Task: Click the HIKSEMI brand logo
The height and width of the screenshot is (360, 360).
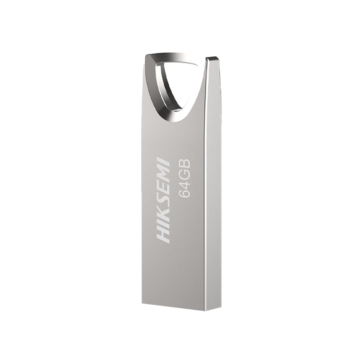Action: [163, 201]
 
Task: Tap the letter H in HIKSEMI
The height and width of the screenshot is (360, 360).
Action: [163, 235]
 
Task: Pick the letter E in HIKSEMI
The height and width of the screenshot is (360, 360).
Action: [163, 192]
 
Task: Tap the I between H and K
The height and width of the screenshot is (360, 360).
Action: [163, 226]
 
